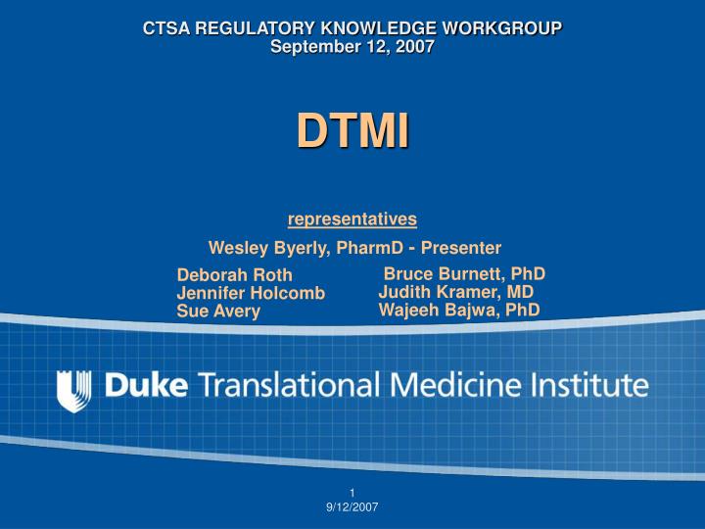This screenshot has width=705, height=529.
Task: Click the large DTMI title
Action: pos(352,131)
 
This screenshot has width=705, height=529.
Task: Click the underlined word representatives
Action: pos(352,218)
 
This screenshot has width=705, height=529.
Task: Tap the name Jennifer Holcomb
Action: pos(251,293)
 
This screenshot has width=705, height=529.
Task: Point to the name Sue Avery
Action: pos(218,312)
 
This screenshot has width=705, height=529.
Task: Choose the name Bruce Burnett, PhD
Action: pos(464,273)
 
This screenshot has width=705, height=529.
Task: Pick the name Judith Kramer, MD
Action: pos(456,292)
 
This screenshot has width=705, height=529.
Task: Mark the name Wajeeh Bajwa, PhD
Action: pos(459,311)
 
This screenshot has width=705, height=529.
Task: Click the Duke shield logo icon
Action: pos(74,389)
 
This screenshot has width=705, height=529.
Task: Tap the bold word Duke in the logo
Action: pos(146,385)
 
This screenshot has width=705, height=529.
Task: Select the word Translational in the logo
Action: pos(290,385)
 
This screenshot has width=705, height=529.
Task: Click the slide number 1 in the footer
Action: pos(352,492)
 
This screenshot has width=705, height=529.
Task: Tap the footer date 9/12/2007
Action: pos(352,506)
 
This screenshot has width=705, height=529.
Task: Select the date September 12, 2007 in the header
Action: pos(352,46)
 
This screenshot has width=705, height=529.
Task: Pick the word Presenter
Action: pos(461,248)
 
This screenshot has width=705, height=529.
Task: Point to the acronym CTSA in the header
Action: pos(165,28)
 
